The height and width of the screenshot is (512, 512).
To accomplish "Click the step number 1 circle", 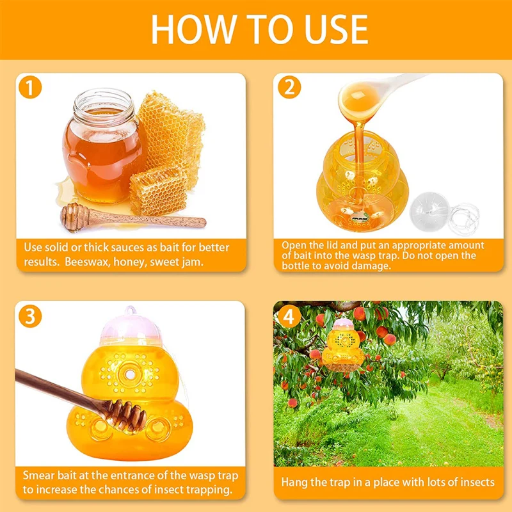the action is pyautogui.click(x=30, y=87).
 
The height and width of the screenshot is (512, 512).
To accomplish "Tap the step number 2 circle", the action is pyautogui.click(x=289, y=87).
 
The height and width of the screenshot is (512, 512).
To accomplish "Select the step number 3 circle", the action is pyautogui.click(x=30, y=316).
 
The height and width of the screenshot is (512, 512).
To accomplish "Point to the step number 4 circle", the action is pyautogui.click(x=289, y=316).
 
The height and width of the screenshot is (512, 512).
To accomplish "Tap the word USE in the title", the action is pyautogui.click(x=336, y=29).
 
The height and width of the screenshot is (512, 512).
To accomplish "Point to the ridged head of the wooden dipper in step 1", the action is pyautogui.click(x=74, y=216).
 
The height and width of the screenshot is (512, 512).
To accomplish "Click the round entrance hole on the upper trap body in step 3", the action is pyautogui.click(x=130, y=374).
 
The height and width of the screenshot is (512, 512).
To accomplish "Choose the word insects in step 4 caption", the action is pyautogui.click(x=477, y=483).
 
